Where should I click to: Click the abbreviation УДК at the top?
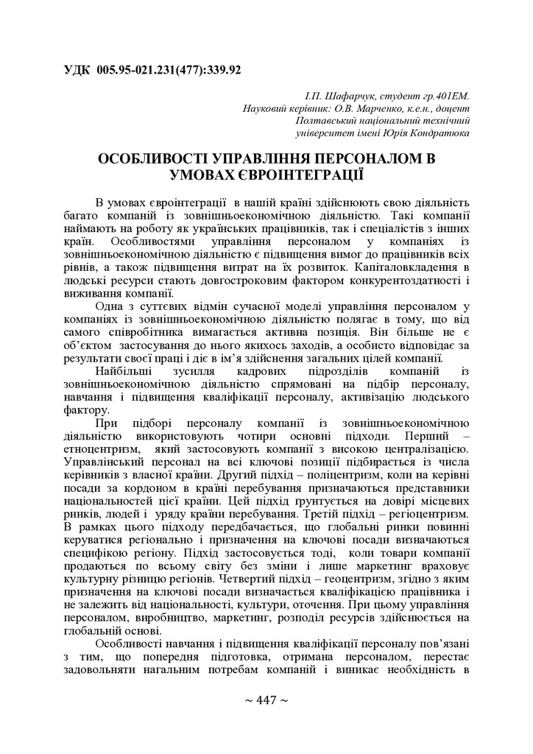(77, 71)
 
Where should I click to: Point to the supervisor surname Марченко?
(389, 109)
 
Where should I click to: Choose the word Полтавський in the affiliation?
(326, 121)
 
